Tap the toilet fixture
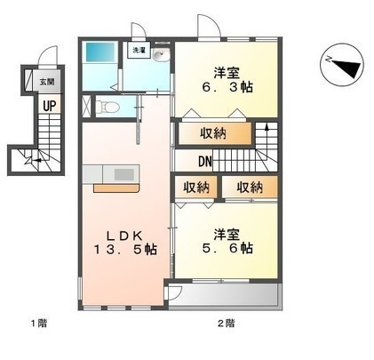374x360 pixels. point(108,108)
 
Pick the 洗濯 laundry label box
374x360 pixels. point(140,52)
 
